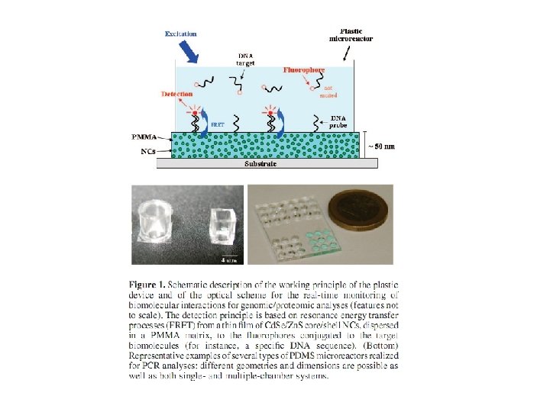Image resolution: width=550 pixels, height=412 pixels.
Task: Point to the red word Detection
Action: pyautogui.click(x=177, y=95)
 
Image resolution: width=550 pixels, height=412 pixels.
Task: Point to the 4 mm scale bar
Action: pyautogui.click(x=229, y=257)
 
